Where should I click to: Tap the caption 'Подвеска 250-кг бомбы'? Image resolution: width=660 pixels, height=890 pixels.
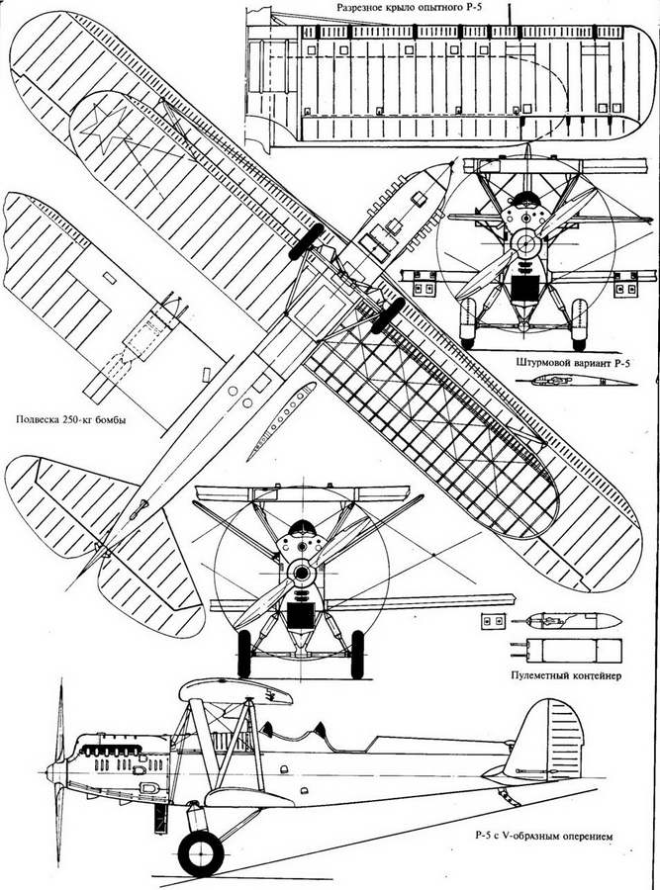(x=70, y=420)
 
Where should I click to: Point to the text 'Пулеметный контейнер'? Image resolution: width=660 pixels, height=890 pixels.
(x=566, y=675)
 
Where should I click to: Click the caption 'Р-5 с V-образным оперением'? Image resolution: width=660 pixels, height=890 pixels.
(x=545, y=836)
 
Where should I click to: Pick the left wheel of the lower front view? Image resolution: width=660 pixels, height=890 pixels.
(x=243, y=654)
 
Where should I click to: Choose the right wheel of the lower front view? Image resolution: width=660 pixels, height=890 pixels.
(x=357, y=654)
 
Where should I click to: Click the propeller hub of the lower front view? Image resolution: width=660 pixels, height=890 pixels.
(x=300, y=573)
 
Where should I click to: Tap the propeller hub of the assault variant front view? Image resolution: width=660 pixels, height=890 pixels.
(x=523, y=243)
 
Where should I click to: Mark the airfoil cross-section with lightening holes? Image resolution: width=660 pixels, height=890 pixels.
(x=281, y=420)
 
